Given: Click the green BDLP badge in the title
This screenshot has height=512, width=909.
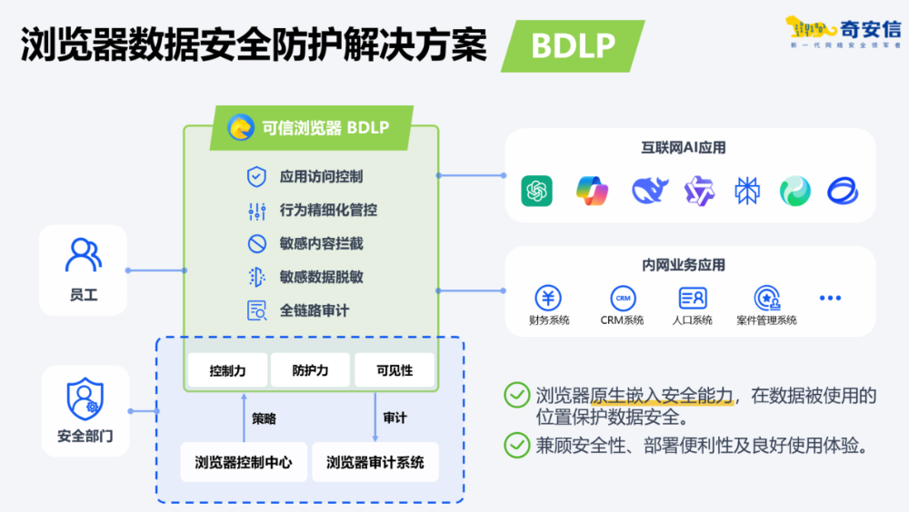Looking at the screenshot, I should click(x=573, y=44).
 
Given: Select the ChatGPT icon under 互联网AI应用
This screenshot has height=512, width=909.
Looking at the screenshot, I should click(x=537, y=191).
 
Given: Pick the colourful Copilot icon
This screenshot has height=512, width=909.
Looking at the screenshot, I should click(x=592, y=191).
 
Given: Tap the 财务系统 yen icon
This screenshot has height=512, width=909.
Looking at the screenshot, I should click(x=548, y=298).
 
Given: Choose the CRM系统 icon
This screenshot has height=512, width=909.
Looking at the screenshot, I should click(x=622, y=298).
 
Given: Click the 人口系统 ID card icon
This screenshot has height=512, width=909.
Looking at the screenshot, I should click(x=693, y=298).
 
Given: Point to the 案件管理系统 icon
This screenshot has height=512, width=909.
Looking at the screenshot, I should click(x=766, y=298).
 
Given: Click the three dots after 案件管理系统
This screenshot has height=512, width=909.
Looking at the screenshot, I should click(x=830, y=298).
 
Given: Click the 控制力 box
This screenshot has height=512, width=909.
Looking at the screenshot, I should click(x=227, y=370).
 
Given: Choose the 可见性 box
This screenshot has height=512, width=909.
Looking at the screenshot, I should click(x=395, y=370).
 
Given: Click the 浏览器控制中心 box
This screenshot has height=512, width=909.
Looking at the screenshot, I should click(x=243, y=462).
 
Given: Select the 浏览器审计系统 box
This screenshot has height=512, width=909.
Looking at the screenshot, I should click(x=375, y=462).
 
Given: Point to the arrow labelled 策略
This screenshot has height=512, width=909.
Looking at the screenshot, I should click(x=245, y=417).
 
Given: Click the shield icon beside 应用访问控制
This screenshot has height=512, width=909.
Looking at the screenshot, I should click(x=256, y=177).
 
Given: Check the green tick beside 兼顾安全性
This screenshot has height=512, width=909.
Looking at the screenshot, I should click(x=517, y=445).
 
